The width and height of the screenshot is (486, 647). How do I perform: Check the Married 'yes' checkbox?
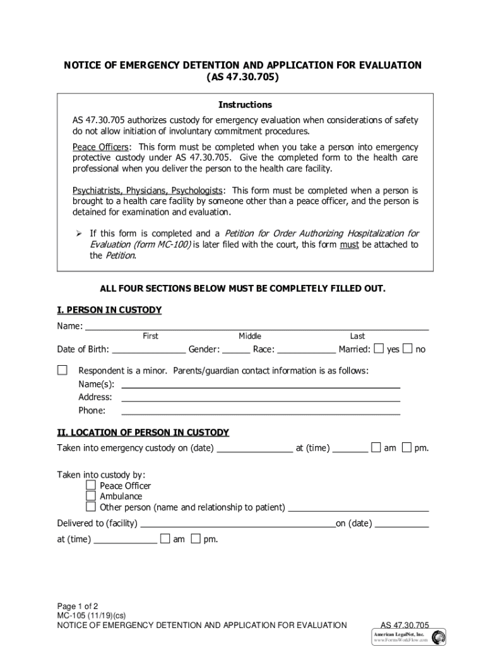click(x=379, y=349)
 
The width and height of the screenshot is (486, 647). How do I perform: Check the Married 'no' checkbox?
click(x=408, y=349)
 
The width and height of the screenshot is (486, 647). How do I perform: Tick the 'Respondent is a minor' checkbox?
click(x=62, y=370)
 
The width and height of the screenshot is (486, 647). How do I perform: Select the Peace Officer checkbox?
click(x=91, y=485)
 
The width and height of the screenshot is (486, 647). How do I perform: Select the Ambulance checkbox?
click(x=91, y=496)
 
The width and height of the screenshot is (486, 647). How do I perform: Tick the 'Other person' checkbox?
click(x=91, y=507)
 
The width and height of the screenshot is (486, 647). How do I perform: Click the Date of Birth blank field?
click(x=148, y=349)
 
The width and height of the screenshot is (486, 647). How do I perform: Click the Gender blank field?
click(x=236, y=349)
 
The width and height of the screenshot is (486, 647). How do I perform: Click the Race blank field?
click(x=307, y=349)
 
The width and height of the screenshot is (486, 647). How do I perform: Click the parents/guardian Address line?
click(x=260, y=397)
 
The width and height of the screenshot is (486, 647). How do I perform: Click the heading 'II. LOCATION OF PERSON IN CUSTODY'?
click(x=143, y=433)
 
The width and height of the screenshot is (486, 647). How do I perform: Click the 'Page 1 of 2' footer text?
click(x=78, y=605)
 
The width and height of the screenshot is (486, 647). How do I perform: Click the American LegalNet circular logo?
click(x=438, y=637)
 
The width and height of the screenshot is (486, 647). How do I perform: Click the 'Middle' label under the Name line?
click(x=249, y=336)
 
